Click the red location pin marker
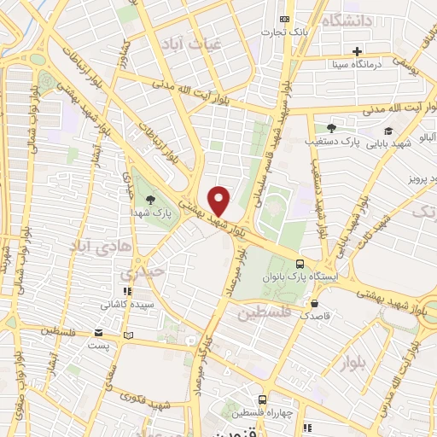click(219, 201)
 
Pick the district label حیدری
click(139, 275)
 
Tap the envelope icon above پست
click(100, 334)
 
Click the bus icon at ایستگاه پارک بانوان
click(300, 264)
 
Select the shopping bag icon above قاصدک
click(315, 303)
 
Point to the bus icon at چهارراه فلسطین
click(262, 399)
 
